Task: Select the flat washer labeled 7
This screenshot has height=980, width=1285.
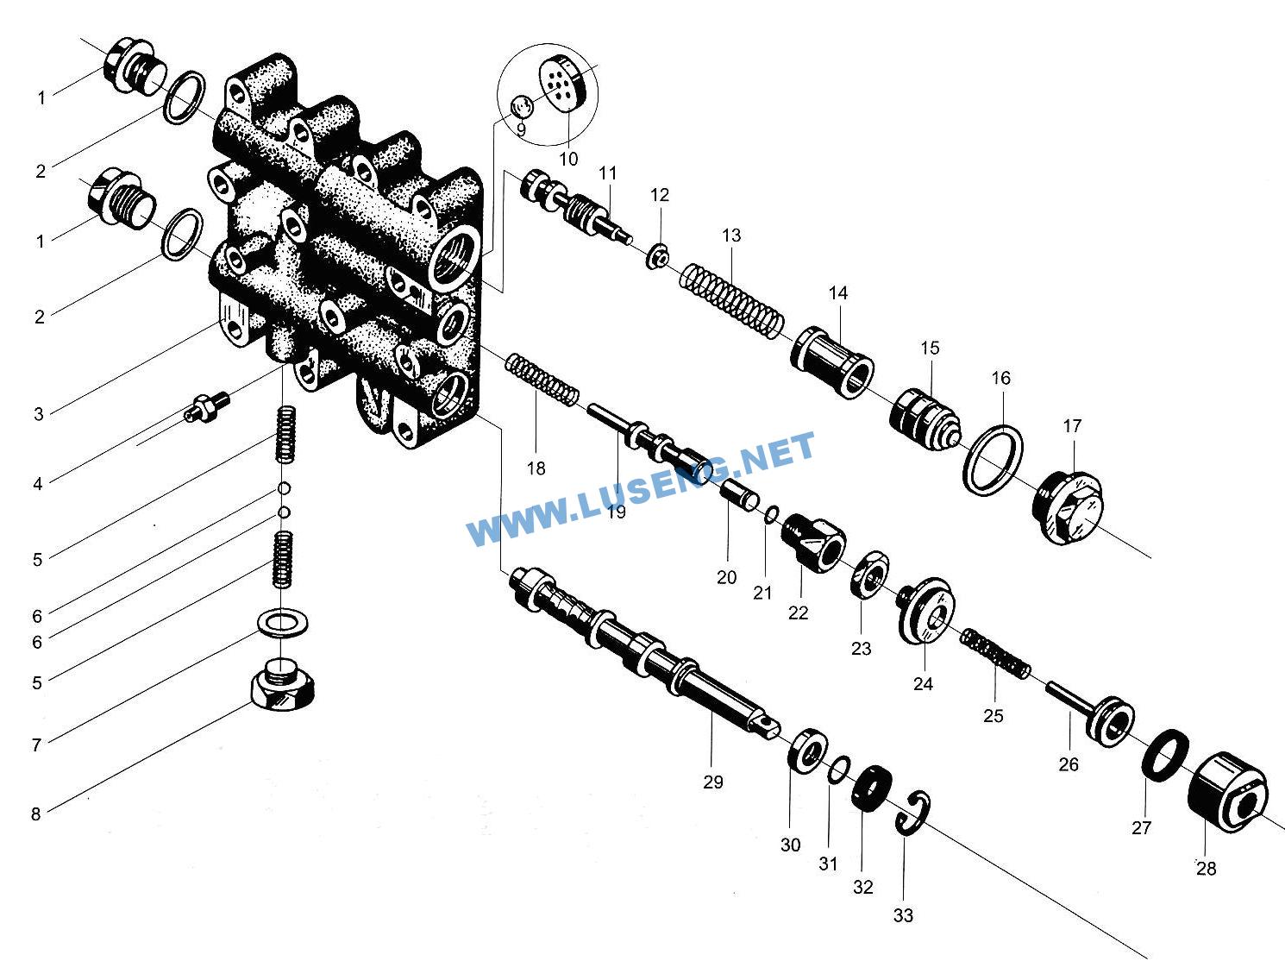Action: [x=280, y=622]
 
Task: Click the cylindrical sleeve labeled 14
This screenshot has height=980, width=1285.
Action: [x=831, y=361]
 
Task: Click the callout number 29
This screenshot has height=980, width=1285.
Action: [x=712, y=782]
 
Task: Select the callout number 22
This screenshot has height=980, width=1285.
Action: [x=798, y=612]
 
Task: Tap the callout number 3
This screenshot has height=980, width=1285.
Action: [x=39, y=414]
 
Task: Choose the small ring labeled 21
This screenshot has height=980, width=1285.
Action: [x=772, y=516]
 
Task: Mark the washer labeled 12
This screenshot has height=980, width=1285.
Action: [x=658, y=255]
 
